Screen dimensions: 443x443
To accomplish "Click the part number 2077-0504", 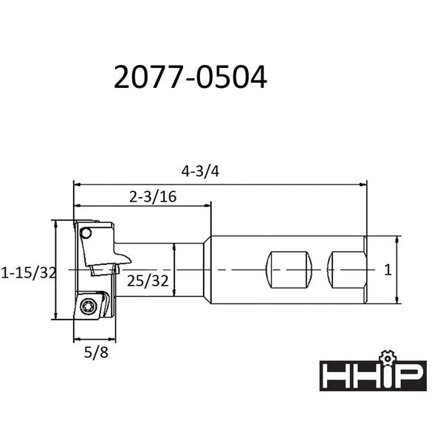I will [189, 76].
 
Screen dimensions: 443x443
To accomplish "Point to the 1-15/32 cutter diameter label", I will [29, 272].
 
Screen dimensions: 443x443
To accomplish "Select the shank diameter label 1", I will [388, 271].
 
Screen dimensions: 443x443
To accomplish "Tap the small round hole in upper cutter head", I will [86, 233].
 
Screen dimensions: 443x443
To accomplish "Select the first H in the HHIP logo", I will [334, 375].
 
